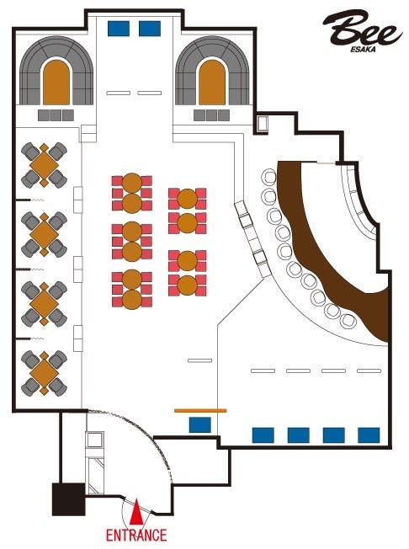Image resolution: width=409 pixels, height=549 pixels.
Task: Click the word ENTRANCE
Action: click(136, 535)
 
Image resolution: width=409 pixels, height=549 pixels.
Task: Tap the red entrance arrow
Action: click(136, 513)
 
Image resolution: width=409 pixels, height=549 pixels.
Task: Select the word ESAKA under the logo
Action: click(364, 50)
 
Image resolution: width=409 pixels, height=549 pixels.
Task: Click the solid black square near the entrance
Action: click(68, 499)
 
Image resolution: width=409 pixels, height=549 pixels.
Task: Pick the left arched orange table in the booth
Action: click(56, 83)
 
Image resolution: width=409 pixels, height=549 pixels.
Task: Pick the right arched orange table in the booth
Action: click(212, 83)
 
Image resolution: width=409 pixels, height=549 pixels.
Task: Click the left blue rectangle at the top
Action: click(119, 29)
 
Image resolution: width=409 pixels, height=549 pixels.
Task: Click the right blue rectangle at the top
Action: click(150, 29)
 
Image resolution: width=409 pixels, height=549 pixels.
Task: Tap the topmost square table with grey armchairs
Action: click(44, 165)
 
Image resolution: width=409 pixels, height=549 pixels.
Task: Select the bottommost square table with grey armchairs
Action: click(44, 374)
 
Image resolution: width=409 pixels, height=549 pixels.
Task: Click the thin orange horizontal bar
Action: click(200, 410)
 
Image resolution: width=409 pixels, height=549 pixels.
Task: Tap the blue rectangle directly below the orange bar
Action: click(200, 424)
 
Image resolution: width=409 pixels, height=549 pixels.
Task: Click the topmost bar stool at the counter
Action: click(270, 177)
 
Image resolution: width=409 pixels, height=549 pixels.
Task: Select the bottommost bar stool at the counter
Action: click(348, 321)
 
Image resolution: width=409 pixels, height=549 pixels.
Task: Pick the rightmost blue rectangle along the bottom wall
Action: click(369, 435)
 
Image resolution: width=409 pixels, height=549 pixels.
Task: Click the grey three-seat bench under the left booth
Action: click(56, 115)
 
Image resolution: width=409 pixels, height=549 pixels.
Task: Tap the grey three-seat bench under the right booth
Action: click(212, 115)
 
